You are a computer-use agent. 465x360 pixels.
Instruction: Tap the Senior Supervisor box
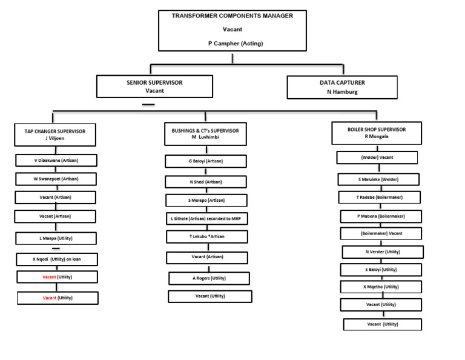[x=154, y=86]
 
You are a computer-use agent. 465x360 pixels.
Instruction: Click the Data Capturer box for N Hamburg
[x=342, y=87]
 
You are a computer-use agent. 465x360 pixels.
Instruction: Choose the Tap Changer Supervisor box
[x=55, y=135]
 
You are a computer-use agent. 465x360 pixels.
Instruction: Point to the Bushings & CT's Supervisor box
[x=205, y=133]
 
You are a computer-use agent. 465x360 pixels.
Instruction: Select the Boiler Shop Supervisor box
[x=377, y=133]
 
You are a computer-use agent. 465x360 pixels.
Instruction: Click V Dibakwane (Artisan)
[x=56, y=161]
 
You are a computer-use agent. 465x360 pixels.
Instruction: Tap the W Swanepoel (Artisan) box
[x=56, y=179]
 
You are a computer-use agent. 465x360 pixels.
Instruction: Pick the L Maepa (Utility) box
[x=56, y=238]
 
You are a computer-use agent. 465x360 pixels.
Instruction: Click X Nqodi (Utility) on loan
[x=56, y=259]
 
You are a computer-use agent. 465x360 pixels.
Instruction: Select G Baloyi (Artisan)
[x=205, y=161]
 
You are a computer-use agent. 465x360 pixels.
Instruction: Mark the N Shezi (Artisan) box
[x=206, y=182]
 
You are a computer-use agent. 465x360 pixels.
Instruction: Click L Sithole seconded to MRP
[x=206, y=218]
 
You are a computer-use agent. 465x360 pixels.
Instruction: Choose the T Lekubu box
[x=206, y=236]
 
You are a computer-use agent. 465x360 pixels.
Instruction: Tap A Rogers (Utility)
[x=209, y=278]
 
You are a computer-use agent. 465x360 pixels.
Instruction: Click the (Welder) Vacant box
[x=377, y=158]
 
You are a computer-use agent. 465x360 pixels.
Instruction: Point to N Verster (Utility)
[x=383, y=252]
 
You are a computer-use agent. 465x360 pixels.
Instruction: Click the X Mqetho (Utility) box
[x=381, y=287]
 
